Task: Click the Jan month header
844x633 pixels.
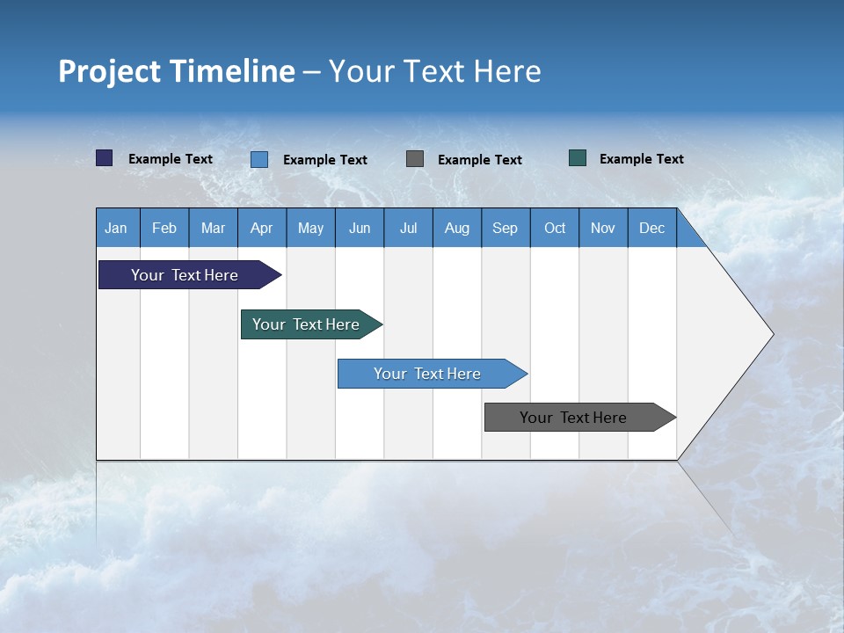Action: click(116, 228)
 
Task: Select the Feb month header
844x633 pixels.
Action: click(164, 228)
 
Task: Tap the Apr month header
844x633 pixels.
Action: click(261, 228)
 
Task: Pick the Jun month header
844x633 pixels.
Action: click(360, 228)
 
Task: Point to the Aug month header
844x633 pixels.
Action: click(456, 228)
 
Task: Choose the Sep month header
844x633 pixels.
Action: click(505, 228)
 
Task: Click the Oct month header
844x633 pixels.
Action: click(555, 228)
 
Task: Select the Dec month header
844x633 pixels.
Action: click(651, 228)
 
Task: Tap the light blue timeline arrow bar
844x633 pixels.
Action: click(428, 374)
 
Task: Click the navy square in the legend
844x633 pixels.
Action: click(105, 158)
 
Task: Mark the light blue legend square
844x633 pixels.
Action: click(259, 159)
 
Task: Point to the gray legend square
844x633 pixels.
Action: click(415, 159)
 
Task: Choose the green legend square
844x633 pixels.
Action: click(578, 158)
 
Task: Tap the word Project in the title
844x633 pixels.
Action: click(109, 71)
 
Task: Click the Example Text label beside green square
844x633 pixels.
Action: click(641, 159)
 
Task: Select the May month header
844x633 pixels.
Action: click(310, 228)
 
